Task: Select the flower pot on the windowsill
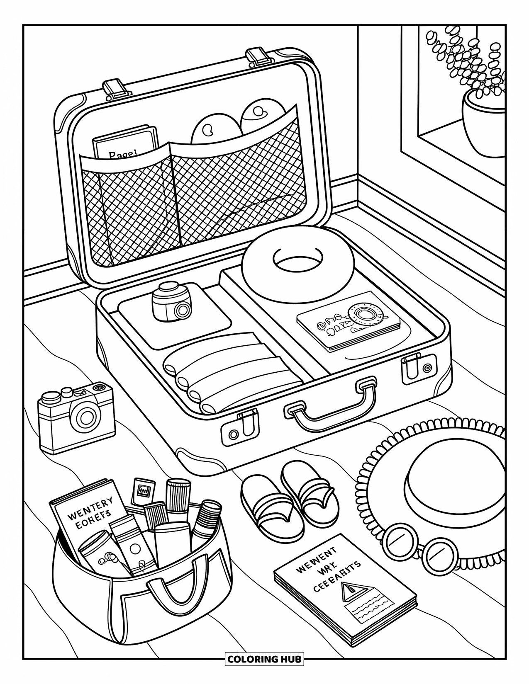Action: (x=483, y=124)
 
